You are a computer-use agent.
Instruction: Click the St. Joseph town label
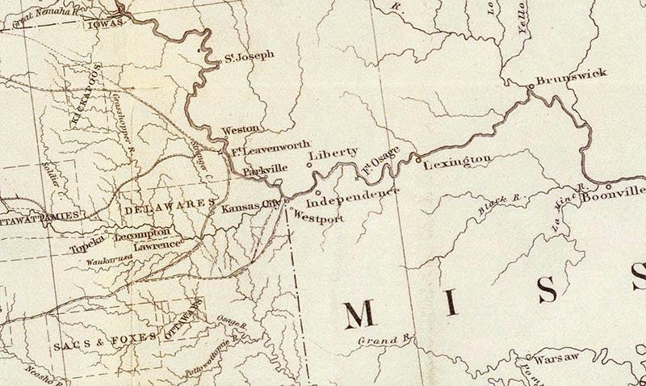pos(250,56)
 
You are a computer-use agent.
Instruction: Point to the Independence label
pos(354,194)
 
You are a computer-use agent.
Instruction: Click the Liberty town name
pos(338,152)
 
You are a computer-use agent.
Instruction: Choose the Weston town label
pos(241,128)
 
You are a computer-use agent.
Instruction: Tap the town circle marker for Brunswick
pos(530,84)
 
